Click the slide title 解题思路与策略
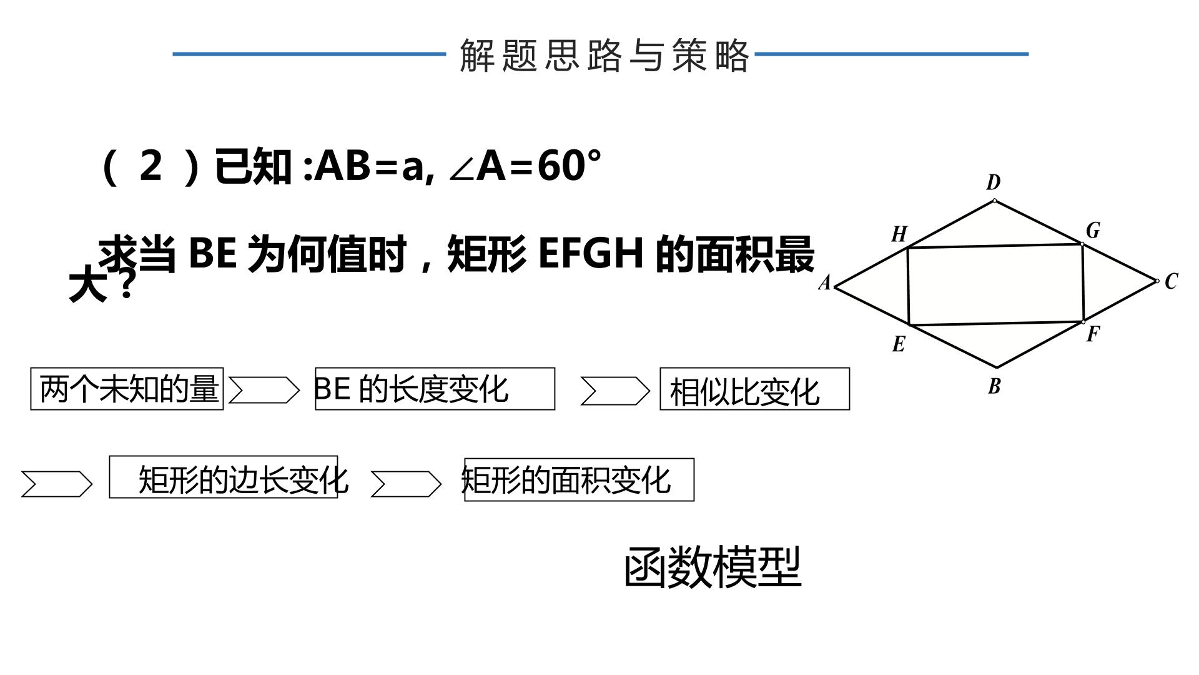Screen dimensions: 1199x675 pyautogui.click(x=604, y=55)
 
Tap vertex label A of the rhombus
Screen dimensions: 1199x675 pyautogui.click(x=825, y=283)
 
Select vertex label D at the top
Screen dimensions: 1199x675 pyautogui.click(x=994, y=182)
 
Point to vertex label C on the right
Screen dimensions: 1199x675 pyautogui.click(x=1171, y=281)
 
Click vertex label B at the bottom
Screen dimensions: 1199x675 pyautogui.click(x=995, y=386)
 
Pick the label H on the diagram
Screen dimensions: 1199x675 pyautogui.click(x=899, y=234)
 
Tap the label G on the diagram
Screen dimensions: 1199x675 pyautogui.click(x=1093, y=231)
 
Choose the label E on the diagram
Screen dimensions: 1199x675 pyautogui.click(x=899, y=344)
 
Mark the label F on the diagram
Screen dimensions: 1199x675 pyautogui.click(x=1092, y=334)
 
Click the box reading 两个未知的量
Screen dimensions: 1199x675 pyautogui.click(x=127, y=389)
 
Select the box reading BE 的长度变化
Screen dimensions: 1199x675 pyautogui.click(x=435, y=389)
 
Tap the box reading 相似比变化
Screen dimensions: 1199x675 pyautogui.click(x=754, y=389)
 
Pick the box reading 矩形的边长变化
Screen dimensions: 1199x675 pyautogui.click(x=224, y=477)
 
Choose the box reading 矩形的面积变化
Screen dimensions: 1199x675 pyautogui.click(x=579, y=479)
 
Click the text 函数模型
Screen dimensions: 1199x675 pyautogui.click(x=713, y=567)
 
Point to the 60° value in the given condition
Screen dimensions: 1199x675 pyautogui.click(x=569, y=166)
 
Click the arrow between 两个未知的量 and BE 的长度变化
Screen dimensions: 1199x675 pyautogui.click(x=264, y=391)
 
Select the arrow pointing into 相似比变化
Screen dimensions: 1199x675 pyautogui.click(x=616, y=391)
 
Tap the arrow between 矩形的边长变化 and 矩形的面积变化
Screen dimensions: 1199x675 pyautogui.click(x=406, y=484)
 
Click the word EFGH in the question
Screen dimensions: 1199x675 pyautogui.click(x=591, y=253)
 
